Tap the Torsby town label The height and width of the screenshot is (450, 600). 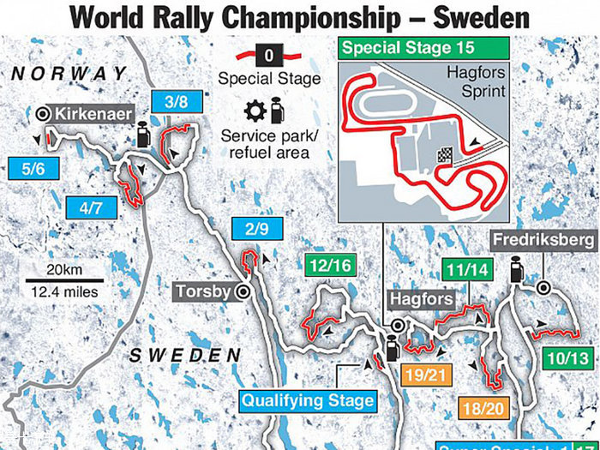[x=203, y=291]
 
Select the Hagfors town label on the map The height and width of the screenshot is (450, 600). [x=417, y=300]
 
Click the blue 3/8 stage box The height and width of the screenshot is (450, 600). [x=176, y=102]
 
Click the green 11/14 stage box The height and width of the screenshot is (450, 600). [x=466, y=270]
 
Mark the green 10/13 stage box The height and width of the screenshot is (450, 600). [x=566, y=358]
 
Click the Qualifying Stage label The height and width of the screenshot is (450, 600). [x=308, y=400]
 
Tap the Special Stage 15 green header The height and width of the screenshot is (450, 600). [x=408, y=48]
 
